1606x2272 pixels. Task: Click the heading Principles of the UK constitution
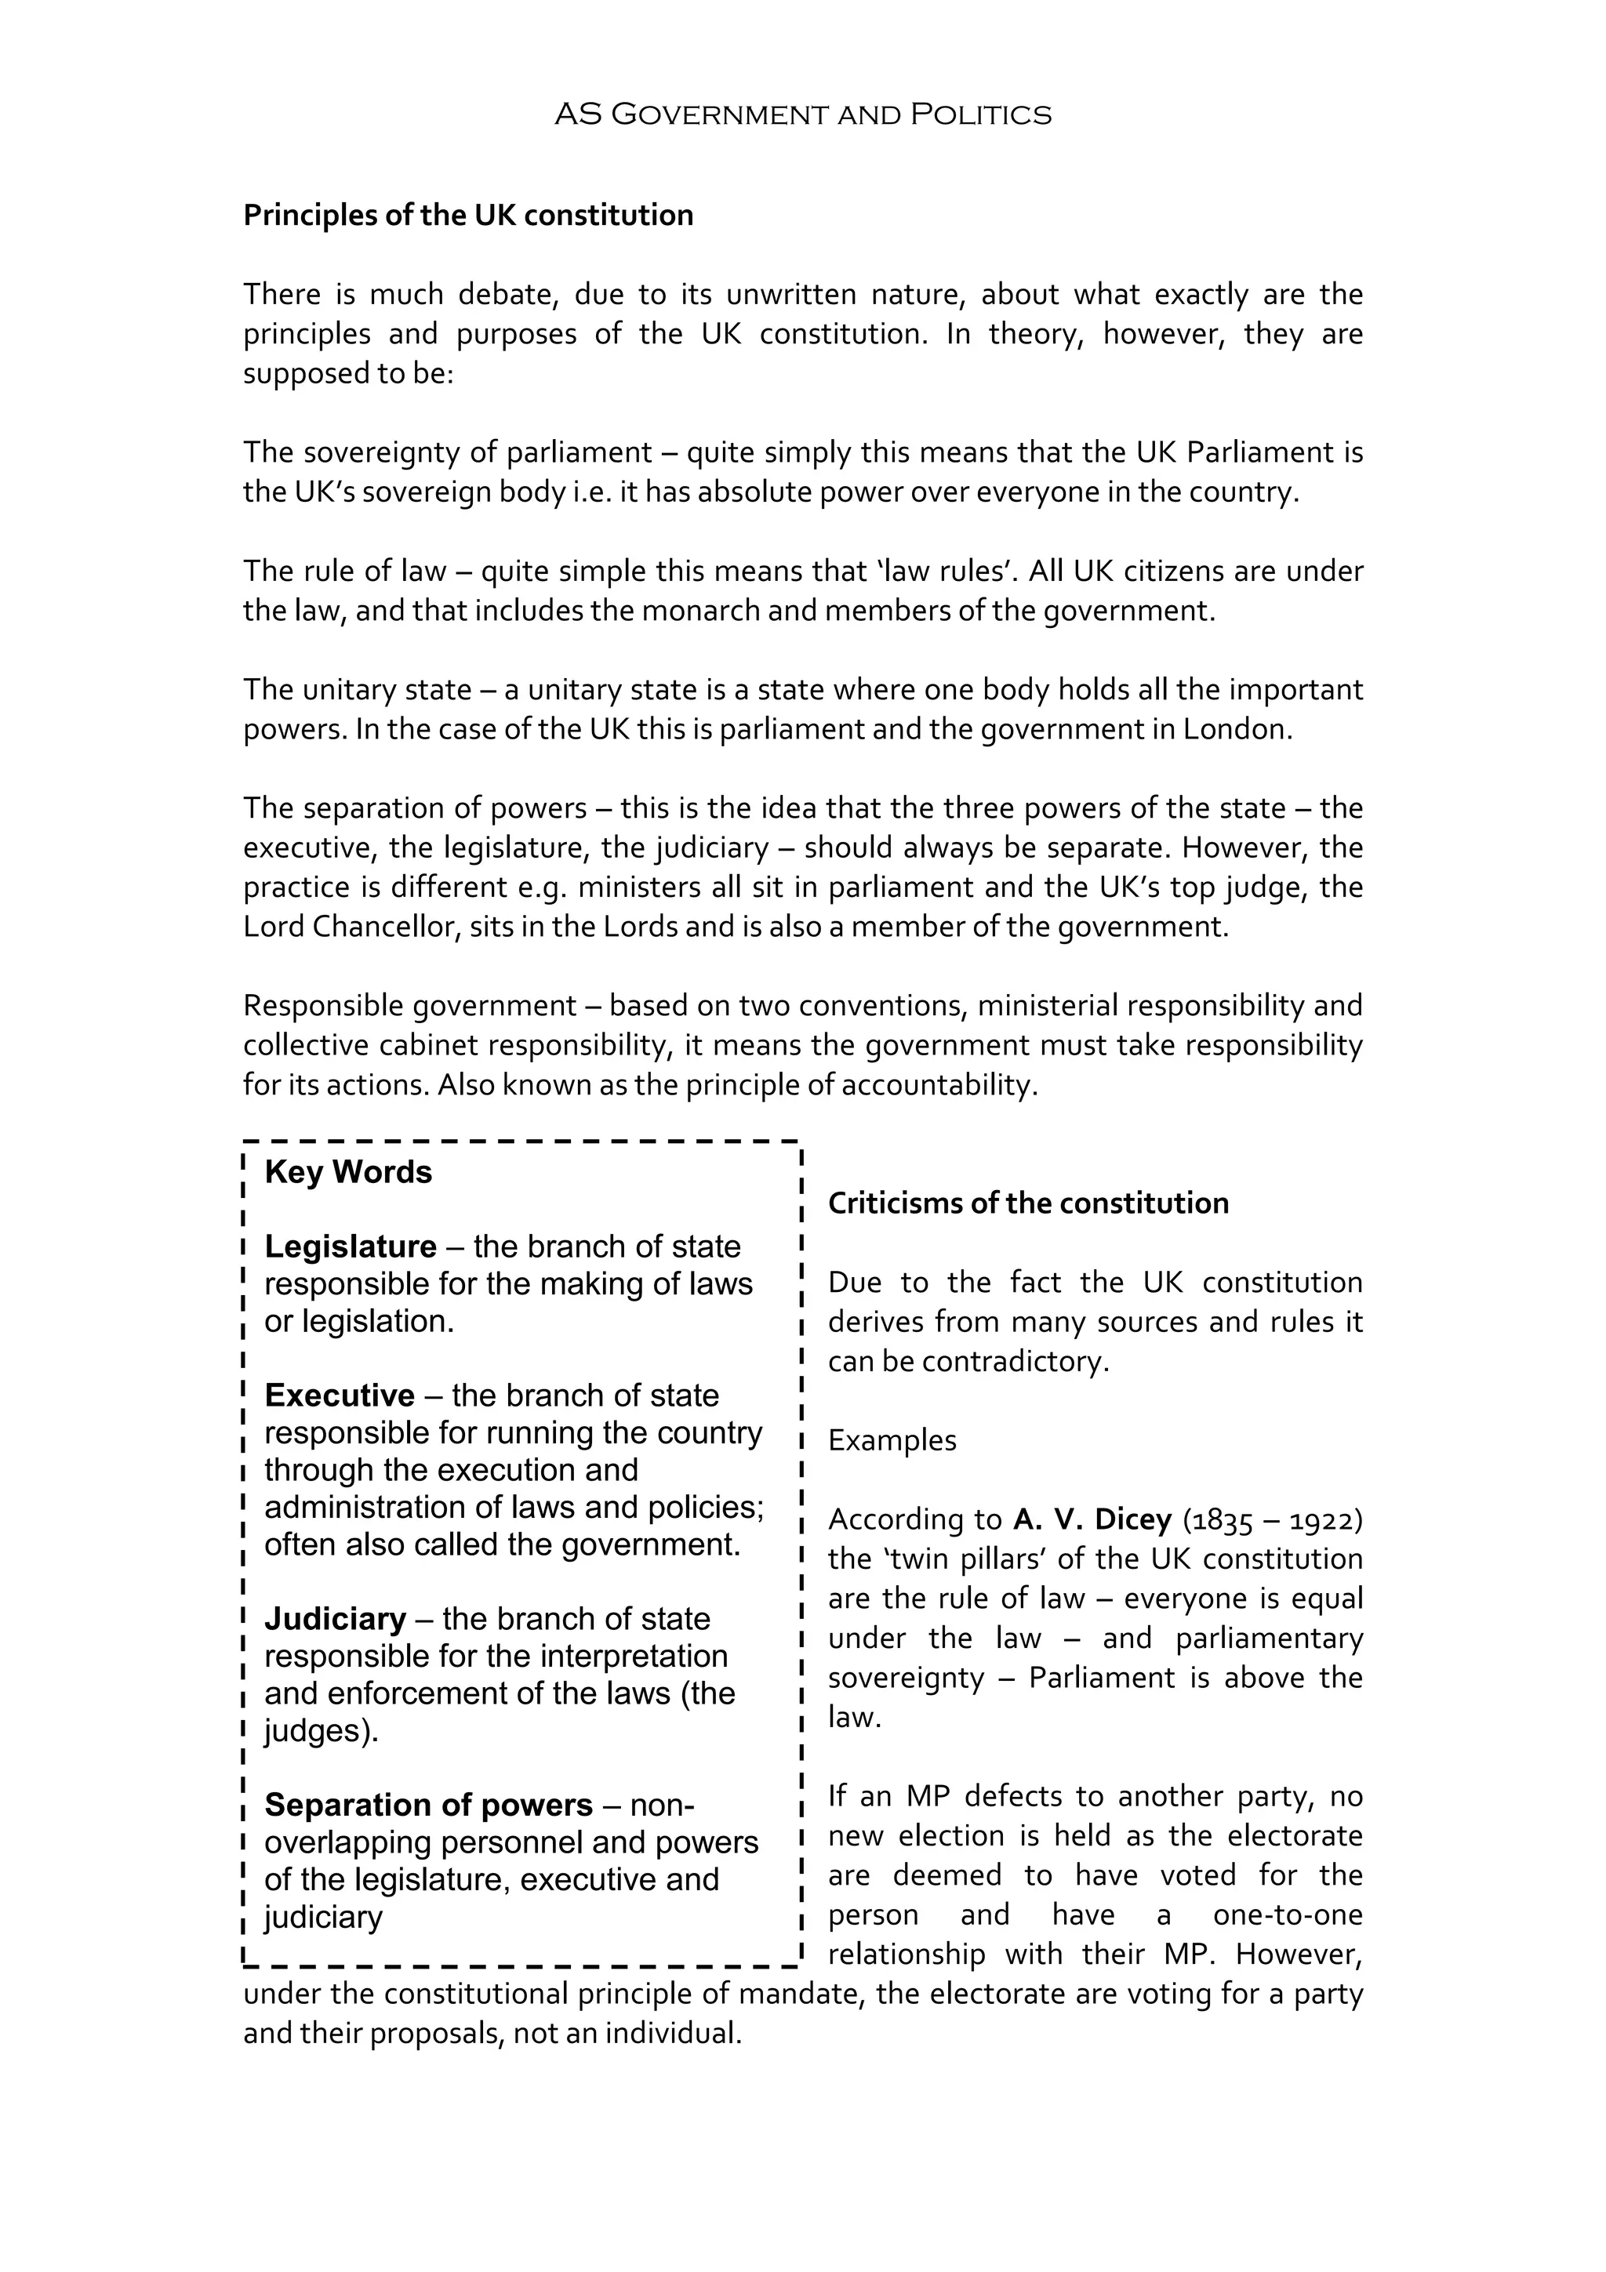[468, 215]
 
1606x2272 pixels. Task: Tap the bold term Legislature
[351, 1246]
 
